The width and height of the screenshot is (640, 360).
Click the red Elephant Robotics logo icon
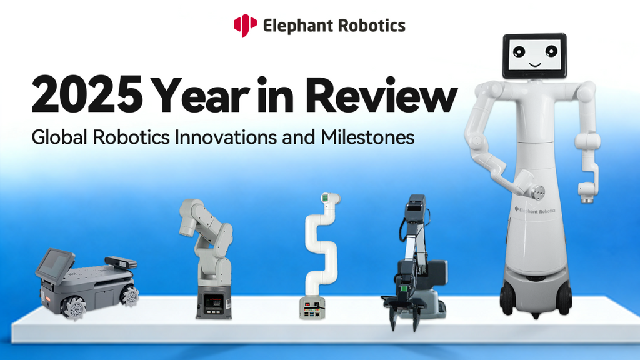pyautogui.click(x=245, y=26)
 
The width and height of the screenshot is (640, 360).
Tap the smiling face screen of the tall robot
pyautogui.click(x=534, y=56)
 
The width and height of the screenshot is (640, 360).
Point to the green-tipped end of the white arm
pyautogui.click(x=329, y=199)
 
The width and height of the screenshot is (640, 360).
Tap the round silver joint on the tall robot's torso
pyautogui.click(x=537, y=193)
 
